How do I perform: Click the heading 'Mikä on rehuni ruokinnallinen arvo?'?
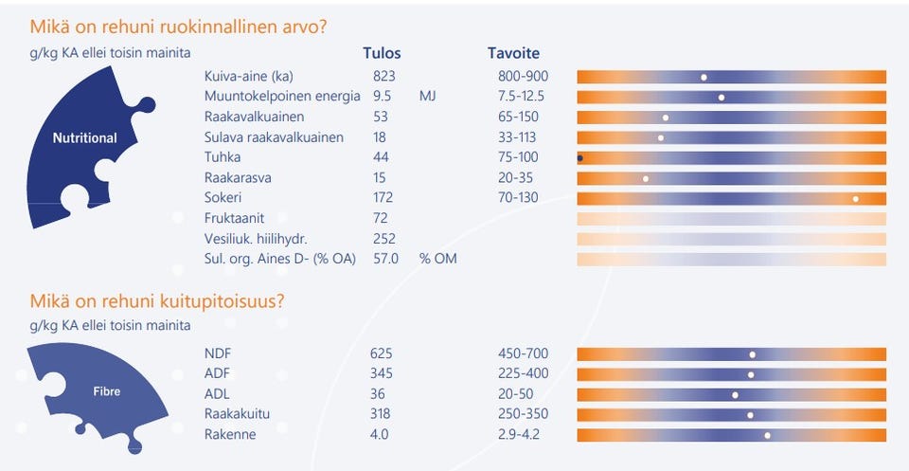[179, 27]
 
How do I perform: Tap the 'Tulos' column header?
[382, 53]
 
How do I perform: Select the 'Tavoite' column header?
[513, 53]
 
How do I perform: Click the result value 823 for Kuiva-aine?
[383, 77]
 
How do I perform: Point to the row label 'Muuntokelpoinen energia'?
[282, 97]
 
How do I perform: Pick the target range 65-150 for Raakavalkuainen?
[518, 117]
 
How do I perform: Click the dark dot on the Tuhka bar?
[579, 157]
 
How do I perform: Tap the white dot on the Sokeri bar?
[856, 199]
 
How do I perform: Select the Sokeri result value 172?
[383, 197]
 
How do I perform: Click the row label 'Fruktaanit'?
[234, 218]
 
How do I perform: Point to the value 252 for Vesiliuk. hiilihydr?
[384, 239]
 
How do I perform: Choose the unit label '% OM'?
[437, 259]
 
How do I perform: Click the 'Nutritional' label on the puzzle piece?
[84, 138]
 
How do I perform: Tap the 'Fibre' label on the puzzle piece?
[107, 391]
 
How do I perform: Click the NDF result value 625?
[382, 353]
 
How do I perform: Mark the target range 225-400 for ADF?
[523, 373]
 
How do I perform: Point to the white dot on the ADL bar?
[735, 395]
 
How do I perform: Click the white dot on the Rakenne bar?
[768, 435]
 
